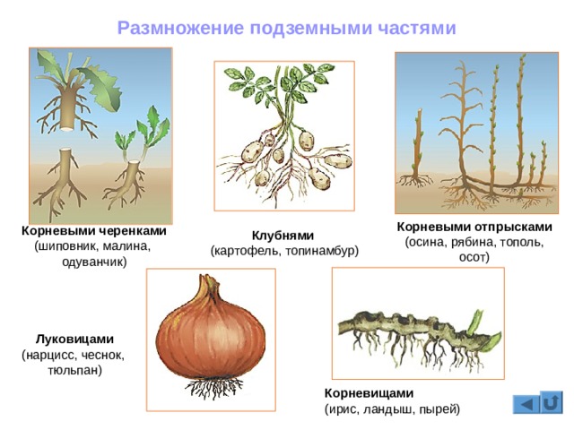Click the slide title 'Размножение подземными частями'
(287, 29)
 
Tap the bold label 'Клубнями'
(283, 236)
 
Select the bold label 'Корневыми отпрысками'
(474, 227)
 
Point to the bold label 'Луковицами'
(75, 340)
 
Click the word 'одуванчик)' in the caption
(94, 262)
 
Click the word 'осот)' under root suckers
(474, 258)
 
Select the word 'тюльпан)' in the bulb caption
(75, 369)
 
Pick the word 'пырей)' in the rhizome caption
(439, 409)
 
